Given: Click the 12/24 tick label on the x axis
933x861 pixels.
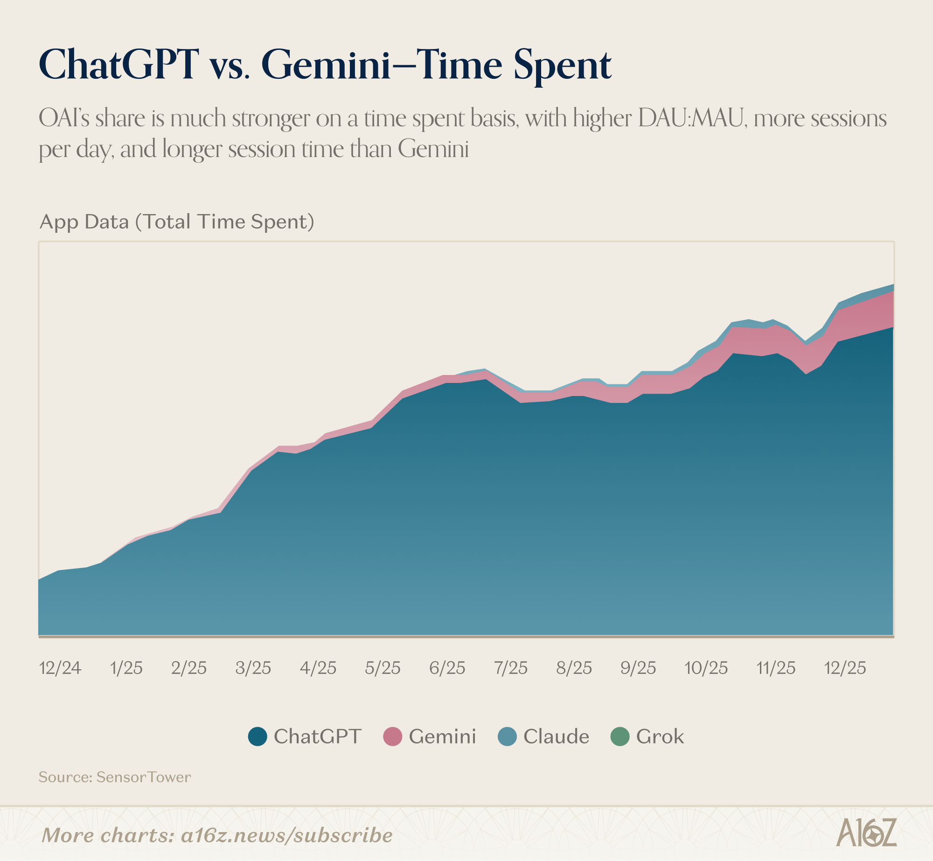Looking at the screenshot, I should [60, 668].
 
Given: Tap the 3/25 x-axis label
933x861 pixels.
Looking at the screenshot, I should [253, 668].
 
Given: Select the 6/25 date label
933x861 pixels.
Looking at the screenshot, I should [447, 668].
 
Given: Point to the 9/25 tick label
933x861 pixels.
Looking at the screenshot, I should [638, 668].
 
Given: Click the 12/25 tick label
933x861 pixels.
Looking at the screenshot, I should [845, 668].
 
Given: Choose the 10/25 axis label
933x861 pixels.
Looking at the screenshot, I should [706, 668].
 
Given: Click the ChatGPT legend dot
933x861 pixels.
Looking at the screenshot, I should [258, 736].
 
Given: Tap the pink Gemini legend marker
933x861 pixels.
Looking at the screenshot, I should [392, 736].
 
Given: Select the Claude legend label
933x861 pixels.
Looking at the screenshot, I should [556, 736].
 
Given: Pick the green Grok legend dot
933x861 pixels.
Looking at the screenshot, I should [620, 736].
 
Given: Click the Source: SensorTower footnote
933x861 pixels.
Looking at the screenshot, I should [115, 777].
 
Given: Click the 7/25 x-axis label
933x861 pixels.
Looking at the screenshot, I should [511, 668].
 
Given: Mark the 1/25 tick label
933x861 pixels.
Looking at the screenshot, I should [126, 668].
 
